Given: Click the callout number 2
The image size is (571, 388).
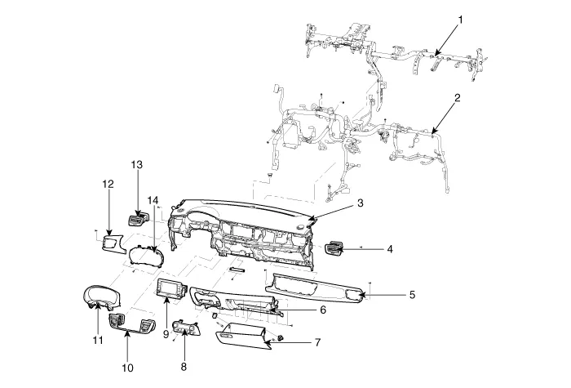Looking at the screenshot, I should (x=458, y=98).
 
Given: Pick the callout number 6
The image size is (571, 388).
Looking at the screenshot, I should (x=322, y=310).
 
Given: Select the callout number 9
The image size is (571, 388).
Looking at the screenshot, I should (x=166, y=333).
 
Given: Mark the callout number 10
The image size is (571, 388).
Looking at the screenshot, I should (x=127, y=368).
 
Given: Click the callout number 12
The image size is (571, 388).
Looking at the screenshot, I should (x=107, y=185).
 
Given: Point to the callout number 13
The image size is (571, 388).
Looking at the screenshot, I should (x=137, y=165).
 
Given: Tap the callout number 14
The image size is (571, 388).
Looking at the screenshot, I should (x=153, y=201).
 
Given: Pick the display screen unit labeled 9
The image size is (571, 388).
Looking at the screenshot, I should (x=170, y=289).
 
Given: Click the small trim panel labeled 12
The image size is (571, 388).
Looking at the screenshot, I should (x=112, y=243).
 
